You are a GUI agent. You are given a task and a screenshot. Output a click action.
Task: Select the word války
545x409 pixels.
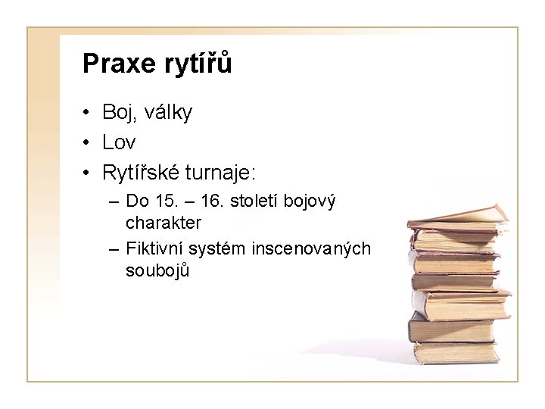[167, 114]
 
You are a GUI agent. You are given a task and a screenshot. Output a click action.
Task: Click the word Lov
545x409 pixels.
[120, 143]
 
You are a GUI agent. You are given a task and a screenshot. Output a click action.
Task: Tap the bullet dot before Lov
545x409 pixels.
[88, 143]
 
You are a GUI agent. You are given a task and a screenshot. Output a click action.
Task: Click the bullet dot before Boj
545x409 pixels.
[88, 114]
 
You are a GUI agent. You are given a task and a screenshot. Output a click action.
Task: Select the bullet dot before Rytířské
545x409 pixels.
[88, 173]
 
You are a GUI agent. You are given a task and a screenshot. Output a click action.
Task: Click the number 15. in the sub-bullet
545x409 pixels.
[162, 202]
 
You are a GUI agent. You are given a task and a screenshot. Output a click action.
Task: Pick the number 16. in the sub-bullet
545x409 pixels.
[209, 202]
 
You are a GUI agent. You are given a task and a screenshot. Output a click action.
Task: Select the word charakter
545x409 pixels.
[163, 223]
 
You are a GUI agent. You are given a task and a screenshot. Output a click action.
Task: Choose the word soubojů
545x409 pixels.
[157, 270]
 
